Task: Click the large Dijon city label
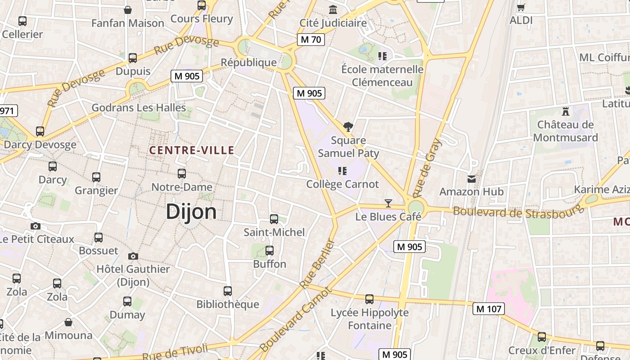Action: click(x=191, y=211)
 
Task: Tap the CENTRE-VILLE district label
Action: click(x=192, y=150)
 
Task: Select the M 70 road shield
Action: click(x=310, y=40)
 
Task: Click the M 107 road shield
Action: click(x=488, y=309)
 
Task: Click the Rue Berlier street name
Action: click(x=318, y=264)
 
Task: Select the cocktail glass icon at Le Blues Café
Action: click(x=388, y=203)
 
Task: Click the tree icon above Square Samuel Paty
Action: click(x=348, y=127)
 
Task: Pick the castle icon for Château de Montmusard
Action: click(x=566, y=111)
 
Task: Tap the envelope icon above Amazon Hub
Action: click(x=471, y=179)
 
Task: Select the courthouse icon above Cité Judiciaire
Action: click(x=333, y=9)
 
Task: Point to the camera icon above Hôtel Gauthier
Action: click(x=133, y=256)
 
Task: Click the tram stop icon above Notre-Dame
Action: click(x=182, y=174)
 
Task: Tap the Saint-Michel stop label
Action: click(x=274, y=232)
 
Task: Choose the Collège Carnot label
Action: click(x=342, y=184)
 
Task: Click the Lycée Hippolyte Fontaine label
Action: click(x=369, y=319)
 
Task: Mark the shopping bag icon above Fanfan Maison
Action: click(x=128, y=10)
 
